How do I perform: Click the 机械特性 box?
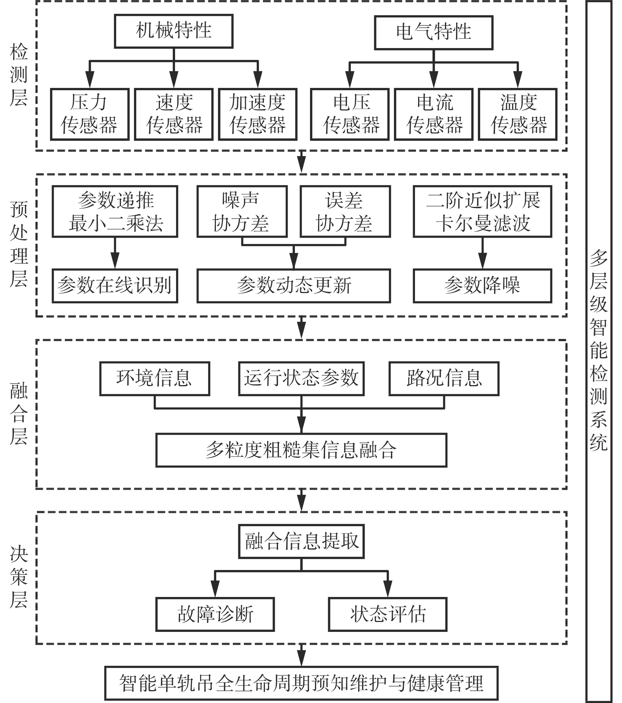click(x=174, y=31)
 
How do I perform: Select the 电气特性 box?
click(x=433, y=32)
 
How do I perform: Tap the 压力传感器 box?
click(x=90, y=114)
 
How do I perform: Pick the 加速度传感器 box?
click(x=258, y=114)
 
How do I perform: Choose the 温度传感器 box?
click(x=517, y=114)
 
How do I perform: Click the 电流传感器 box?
click(x=433, y=114)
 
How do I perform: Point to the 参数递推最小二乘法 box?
click(x=115, y=211)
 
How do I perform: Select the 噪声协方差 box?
click(x=242, y=211)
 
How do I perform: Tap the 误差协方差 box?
click(x=345, y=211)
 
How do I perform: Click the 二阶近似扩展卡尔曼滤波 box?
click(x=482, y=211)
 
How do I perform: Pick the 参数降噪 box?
click(x=482, y=286)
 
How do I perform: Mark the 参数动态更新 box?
click(x=294, y=286)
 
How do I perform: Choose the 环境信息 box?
click(x=155, y=378)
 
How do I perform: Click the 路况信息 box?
click(x=444, y=378)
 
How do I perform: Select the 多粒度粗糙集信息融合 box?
click(x=301, y=450)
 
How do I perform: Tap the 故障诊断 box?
click(x=215, y=614)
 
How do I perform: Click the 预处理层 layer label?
click(x=19, y=244)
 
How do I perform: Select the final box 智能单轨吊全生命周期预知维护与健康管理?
click(x=301, y=683)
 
